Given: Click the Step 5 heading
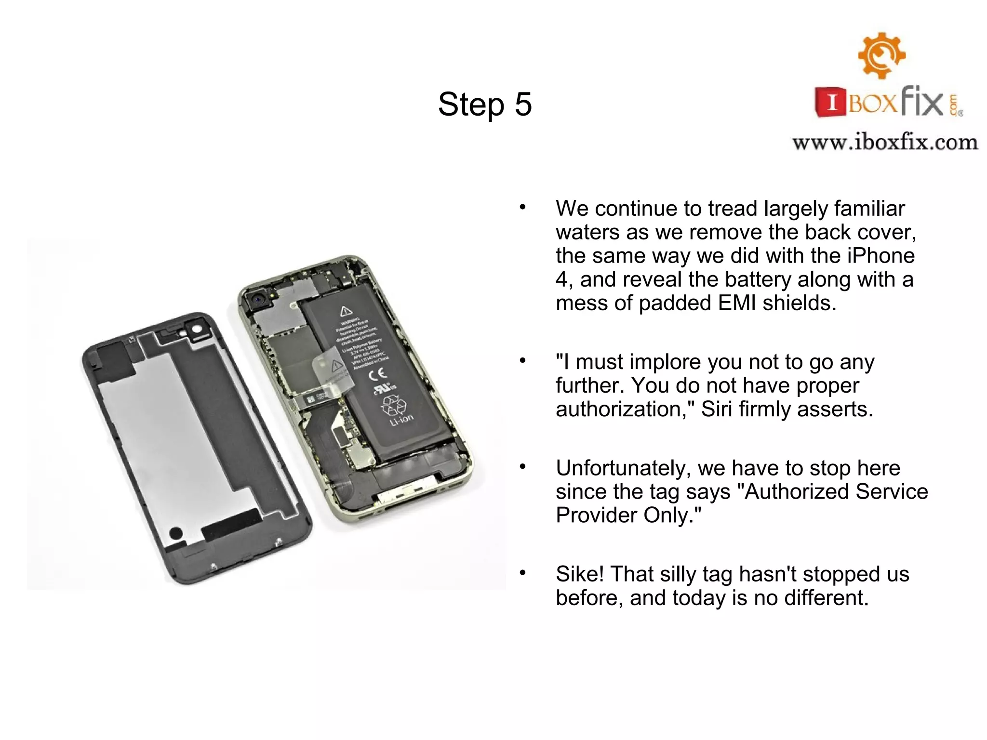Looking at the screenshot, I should [485, 104].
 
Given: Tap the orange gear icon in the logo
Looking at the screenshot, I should [881, 55].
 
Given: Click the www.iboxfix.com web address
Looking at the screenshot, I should [885, 143].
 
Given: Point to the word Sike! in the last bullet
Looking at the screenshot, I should [579, 574].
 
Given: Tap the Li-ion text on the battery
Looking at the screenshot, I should [401, 420].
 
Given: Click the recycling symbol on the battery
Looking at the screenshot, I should [393, 405].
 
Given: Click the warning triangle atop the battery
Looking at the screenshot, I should [346, 311].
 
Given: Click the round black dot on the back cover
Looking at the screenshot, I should [176, 533].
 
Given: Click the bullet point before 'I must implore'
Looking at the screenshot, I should [522, 361].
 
